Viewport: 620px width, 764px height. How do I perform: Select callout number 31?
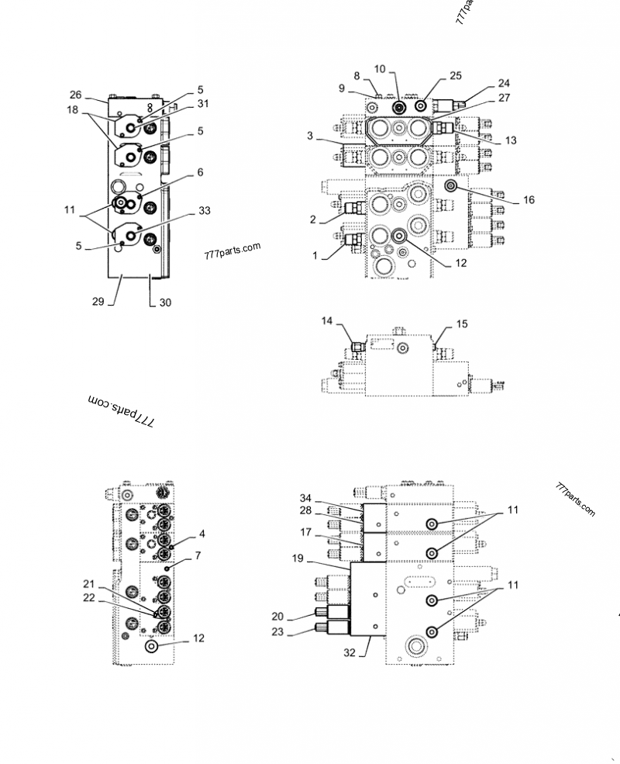(203, 104)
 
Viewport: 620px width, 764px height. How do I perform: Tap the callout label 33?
(205, 210)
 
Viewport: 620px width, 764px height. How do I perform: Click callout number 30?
(165, 303)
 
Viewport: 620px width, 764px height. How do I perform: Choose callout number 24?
(504, 82)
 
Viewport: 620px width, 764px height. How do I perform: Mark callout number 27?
(504, 99)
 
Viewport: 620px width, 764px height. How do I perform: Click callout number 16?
(529, 200)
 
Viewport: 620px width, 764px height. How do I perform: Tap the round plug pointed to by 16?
(450, 186)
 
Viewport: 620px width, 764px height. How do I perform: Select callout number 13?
(509, 140)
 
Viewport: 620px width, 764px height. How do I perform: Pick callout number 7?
(198, 555)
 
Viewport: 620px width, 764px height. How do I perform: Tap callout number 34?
(305, 498)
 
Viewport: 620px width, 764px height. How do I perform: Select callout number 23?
(278, 633)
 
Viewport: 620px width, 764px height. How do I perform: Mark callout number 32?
(350, 653)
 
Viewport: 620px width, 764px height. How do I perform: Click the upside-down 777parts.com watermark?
(122, 410)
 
